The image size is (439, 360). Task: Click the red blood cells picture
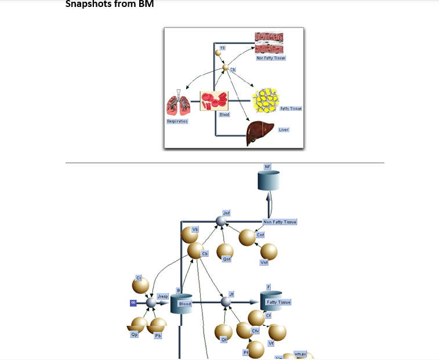214,100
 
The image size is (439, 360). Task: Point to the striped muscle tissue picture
269,43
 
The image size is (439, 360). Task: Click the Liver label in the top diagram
284,130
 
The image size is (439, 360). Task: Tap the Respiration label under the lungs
177,121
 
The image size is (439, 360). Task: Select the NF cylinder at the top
269,180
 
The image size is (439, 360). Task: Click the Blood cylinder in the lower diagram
181,303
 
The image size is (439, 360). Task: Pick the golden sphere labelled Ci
140,285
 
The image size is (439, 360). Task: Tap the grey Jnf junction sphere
220,221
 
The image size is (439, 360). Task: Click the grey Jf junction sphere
226,302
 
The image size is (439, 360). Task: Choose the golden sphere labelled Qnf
225,251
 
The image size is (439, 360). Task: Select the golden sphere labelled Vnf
269,252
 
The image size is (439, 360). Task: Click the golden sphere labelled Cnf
247,238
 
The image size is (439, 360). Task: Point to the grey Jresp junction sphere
151,302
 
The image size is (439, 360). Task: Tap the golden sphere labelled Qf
224,332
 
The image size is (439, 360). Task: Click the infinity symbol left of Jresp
133,303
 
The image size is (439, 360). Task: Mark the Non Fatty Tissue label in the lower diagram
280,222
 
